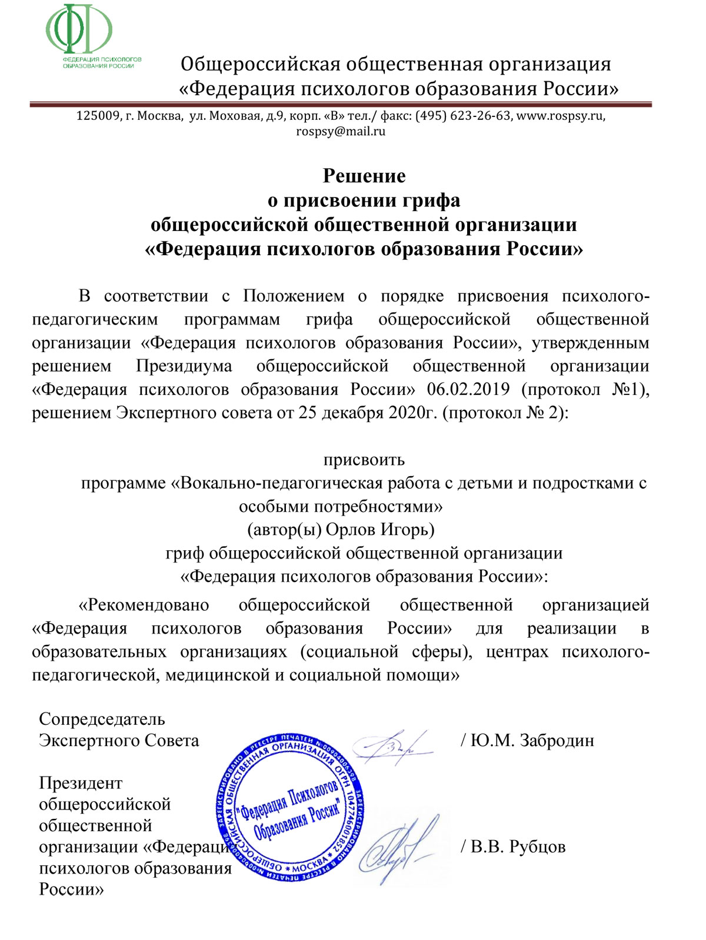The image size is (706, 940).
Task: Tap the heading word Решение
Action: (x=364, y=176)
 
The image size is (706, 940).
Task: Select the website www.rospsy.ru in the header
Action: (x=560, y=116)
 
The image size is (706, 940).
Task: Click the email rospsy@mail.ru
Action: (x=341, y=131)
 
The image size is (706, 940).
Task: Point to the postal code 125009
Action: (x=98, y=116)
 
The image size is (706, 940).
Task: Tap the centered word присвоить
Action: (x=364, y=459)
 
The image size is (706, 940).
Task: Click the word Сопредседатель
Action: (x=102, y=719)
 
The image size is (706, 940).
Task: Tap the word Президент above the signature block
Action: (x=81, y=783)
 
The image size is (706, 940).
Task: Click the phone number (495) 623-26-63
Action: (x=463, y=116)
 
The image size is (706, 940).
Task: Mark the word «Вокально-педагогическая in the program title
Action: (x=276, y=483)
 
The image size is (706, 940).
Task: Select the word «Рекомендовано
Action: (x=144, y=605)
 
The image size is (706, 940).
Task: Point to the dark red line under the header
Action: (x=341, y=105)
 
